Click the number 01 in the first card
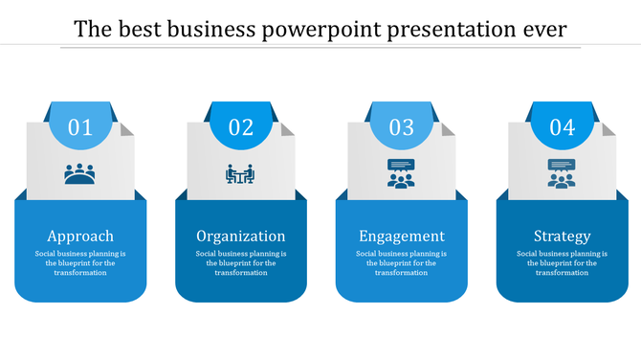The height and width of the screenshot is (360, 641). pos(80,127)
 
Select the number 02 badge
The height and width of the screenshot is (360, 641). pos(241,127)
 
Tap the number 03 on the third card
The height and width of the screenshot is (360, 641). pos(401,127)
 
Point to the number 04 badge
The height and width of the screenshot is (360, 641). pos(562,127)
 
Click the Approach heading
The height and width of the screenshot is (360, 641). pos(80,236)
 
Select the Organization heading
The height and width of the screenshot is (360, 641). pos(241,236)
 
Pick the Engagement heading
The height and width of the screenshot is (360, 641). pos(401,236)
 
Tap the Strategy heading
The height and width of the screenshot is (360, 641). pos(562,236)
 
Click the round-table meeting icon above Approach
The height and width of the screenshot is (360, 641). pos(80,174)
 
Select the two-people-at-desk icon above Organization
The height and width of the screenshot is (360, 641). pos(240,174)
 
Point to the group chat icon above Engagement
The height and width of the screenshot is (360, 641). pos(401,172)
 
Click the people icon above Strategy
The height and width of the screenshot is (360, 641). pos(562,172)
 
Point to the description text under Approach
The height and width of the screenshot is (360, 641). pos(80,262)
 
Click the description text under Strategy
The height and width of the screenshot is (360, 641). pos(562,262)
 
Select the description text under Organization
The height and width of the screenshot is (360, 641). pos(241,262)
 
